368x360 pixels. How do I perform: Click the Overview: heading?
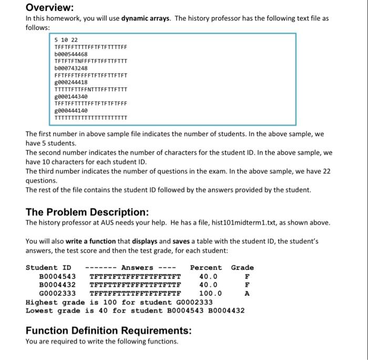(50, 7)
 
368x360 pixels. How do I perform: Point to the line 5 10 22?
(66, 39)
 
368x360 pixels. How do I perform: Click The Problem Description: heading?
(87, 212)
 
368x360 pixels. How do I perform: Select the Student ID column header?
(48, 267)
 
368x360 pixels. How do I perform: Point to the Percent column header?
(206, 267)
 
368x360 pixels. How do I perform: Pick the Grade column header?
(242, 267)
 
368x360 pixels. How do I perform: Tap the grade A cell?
(247, 293)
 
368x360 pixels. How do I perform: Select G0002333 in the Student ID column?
(58, 293)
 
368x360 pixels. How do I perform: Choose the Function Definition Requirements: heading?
(109, 331)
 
